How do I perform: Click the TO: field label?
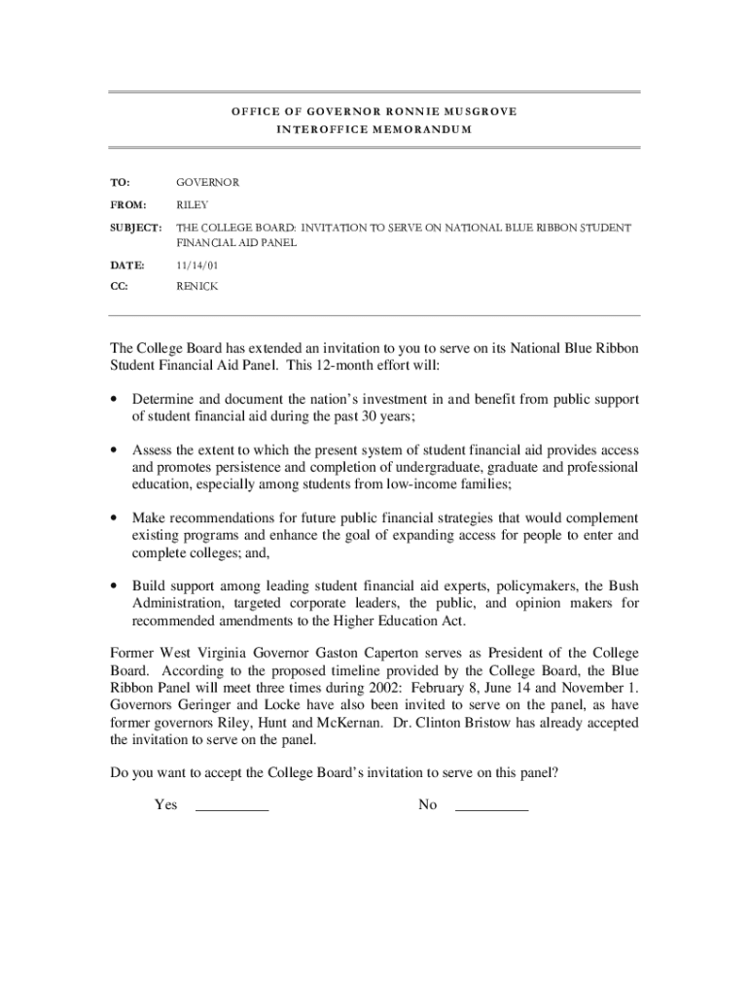(x=121, y=182)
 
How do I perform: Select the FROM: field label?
(x=127, y=205)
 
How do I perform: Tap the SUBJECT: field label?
(x=135, y=228)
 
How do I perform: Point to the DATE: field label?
(x=126, y=265)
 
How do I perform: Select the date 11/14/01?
(x=191, y=265)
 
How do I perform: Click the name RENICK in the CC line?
(x=196, y=286)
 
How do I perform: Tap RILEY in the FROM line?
(x=192, y=205)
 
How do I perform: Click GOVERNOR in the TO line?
(x=207, y=182)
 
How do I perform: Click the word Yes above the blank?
(x=165, y=804)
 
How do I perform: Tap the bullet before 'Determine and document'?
(x=115, y=400)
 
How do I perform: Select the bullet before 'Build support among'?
(x=115, y=587)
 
